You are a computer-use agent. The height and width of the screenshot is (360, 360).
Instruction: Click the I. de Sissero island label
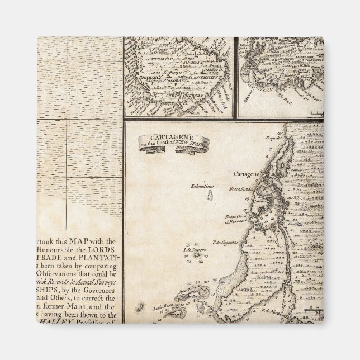(x=193, y=249)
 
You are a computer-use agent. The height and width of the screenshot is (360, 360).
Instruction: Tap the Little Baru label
(x=148, y=307)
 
